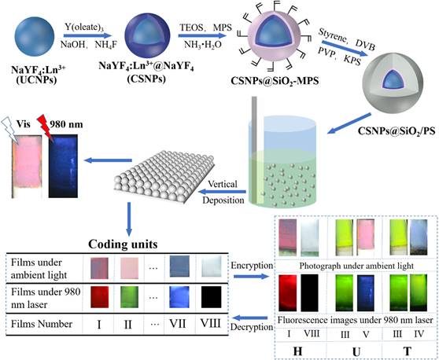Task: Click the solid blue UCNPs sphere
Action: coord(34,36)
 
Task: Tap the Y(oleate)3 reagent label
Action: coord(85,28)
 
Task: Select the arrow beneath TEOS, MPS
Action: coord(202,35)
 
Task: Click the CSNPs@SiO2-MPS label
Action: coord(275,81)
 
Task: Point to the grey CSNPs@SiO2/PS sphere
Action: coord(393,83)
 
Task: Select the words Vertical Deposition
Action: coord(223,192)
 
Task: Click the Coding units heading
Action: coord(123,244)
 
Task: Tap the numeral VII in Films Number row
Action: coord(178,324)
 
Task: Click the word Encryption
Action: coord(252,266)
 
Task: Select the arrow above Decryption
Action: coord(250,318)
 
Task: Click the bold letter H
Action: coord(297,351)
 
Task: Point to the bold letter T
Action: coord(408,351)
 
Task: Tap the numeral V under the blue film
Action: coord(366,334)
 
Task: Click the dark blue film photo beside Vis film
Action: coord(63,166)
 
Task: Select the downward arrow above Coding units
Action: coord(129,219)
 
